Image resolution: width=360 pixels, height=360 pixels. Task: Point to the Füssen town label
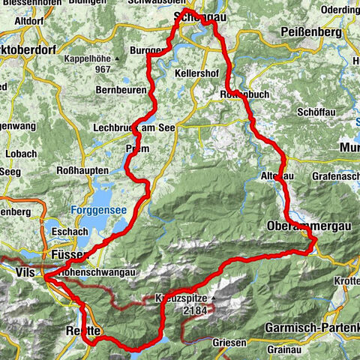(x=71, y=255)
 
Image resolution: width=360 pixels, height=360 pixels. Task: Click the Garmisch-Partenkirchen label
(x=312, y=328)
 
